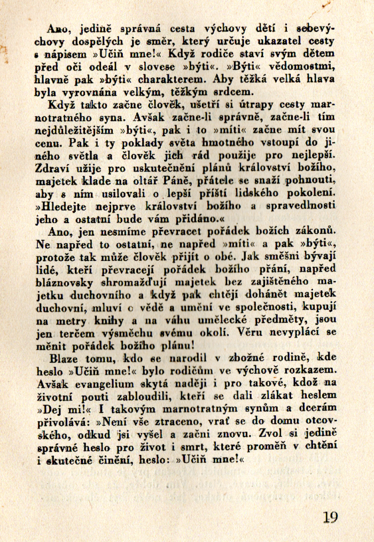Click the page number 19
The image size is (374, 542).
[x=330, y=517]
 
